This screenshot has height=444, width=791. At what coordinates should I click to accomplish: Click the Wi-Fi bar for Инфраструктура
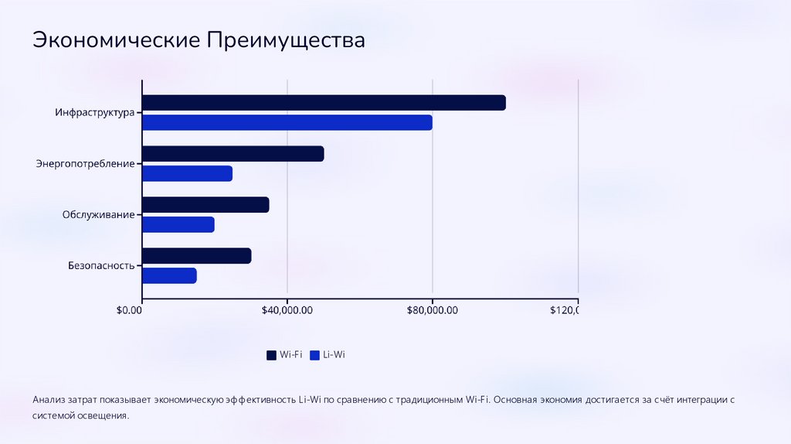tap(324, 103)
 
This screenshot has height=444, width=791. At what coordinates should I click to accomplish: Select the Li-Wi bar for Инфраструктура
tap(287, 123)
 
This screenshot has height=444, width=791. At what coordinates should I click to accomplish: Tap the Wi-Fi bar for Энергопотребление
tap(233, 153)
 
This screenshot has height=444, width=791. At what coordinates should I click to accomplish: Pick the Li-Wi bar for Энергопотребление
tap(188, 173)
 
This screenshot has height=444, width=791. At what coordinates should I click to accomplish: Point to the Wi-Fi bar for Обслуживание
tap(205, 204)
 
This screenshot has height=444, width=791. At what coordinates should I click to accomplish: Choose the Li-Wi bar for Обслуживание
tap(178, 224)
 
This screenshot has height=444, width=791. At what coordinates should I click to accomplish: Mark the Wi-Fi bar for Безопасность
tap(197, 255)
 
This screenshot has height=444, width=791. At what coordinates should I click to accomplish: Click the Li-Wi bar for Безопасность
tap(170, 275)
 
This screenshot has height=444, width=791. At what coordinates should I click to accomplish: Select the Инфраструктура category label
tap(94, 112)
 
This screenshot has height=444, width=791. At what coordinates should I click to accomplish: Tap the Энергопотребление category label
tap(85, 163)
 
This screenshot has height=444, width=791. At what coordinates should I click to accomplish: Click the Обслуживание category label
tap(98, 214)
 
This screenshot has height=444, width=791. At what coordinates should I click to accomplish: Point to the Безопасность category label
tap(101, 265)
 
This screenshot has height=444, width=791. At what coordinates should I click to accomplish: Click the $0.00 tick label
tap(129, 310)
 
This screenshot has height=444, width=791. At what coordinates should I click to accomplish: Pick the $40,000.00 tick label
tap(287, 310)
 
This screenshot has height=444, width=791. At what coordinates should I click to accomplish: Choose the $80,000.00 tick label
tap(433, 310)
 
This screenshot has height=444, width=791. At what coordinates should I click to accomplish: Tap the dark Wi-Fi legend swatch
tap(271, 355)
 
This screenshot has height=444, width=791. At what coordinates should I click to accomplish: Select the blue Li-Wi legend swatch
tap(314, 355)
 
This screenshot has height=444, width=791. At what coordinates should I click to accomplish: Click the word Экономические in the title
tap(115, 39)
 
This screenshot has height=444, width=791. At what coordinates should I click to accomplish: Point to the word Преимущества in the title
tap(284, 39)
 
